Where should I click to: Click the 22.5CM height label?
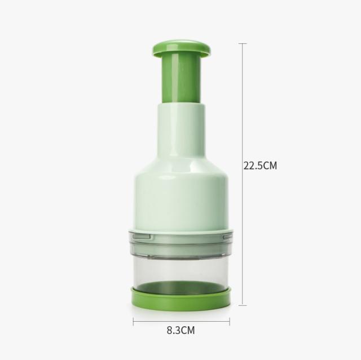(260, 166)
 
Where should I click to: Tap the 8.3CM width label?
(180, 330)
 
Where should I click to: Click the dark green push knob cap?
(182, 49)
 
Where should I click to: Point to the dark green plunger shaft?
(182, 79)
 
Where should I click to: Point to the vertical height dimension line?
(243, 174)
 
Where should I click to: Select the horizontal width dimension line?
(182, 321)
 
